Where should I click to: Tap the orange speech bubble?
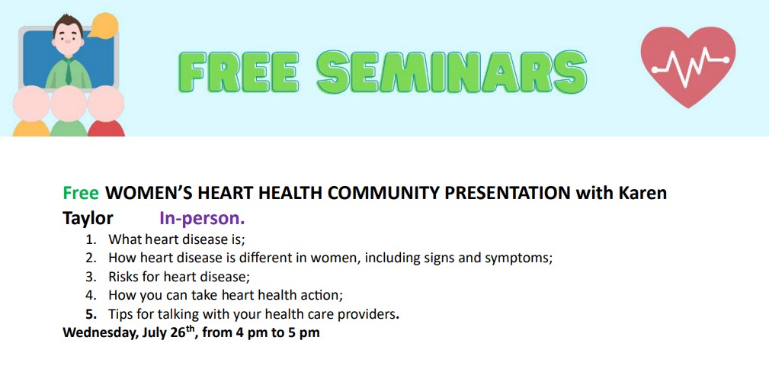coord(103,25)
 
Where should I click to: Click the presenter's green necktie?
coord(69,72)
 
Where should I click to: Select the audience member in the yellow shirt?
coord(31,111)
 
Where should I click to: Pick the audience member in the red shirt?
coord(106,111)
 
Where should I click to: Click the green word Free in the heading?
coord(81,194)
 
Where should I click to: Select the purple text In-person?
coord(202,219)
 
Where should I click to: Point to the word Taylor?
coord(88,219)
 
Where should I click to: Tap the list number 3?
coord(90,277)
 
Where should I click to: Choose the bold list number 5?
coord(91,314)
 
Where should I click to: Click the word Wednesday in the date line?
coord(100,332)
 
